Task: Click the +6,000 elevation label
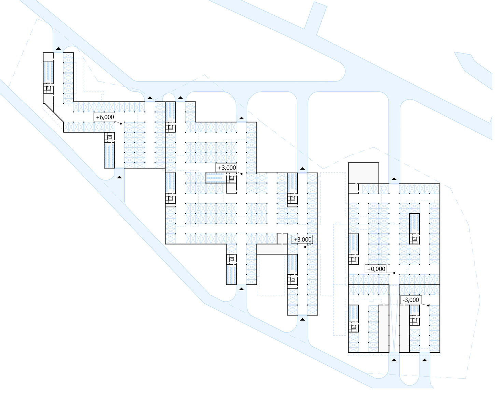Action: [105, 117]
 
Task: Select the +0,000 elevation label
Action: [376, 269]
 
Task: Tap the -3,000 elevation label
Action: [411, 300]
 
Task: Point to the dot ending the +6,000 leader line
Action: [121, 123]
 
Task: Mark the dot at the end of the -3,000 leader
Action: [428, 305]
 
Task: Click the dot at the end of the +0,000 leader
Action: [394, 273]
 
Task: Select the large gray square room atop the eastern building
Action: [363, 173]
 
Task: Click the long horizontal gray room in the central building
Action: [271, 249]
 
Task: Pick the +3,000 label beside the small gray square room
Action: [302, 239]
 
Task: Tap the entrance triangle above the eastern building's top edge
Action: [394, 179]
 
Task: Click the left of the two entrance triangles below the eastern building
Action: [394, 360]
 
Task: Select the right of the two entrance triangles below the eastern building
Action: [425, 360]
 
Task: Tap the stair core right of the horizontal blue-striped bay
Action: [231, 178]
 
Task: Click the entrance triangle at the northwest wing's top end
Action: [59, 48]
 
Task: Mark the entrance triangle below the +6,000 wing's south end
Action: [119, 177]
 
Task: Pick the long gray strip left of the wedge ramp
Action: [384, 328]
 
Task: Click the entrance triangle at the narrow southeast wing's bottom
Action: [302, 319]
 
